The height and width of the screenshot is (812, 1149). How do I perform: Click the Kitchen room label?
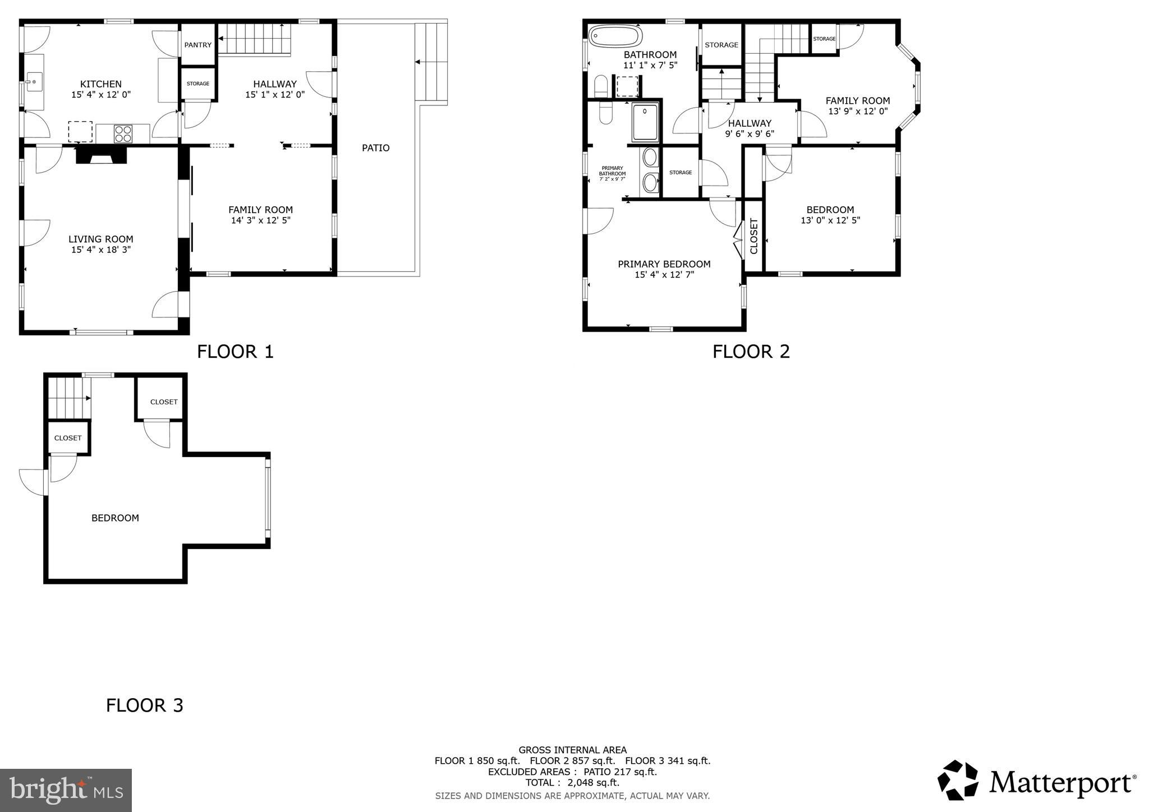(x=101, y=84)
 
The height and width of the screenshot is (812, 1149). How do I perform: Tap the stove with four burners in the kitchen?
(x=123, y=133)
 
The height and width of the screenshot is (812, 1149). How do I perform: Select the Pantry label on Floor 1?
(x=198, y=45)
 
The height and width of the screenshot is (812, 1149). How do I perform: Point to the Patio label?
(x=375, y=148)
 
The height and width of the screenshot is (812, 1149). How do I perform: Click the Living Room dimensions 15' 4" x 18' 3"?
(x=101, y=250)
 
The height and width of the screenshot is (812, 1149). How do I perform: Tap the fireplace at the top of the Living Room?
(x=102, y=155)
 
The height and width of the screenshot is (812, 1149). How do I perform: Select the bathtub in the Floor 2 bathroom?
(x=615, y=36)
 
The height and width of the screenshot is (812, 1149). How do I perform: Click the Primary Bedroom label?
(x=664, y=264)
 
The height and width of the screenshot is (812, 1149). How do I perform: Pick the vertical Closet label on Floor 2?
(x=753, y=236)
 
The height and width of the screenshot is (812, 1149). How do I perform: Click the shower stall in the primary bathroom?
(x=645, y=122)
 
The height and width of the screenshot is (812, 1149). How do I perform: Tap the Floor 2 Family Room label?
(x=857, y=101)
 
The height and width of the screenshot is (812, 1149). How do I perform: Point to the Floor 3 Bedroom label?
(x=115, y=518)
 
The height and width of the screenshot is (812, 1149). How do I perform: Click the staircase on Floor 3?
(x=68, y=398)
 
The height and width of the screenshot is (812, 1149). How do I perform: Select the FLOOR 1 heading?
(x=235, y=352)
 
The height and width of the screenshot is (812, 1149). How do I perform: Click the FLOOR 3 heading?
(x=145, y=705)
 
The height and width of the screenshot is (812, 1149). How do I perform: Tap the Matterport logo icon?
(x=958, y=780)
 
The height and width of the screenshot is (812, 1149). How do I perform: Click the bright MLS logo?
(x=66, y=790)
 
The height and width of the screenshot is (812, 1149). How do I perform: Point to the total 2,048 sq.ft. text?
(x=572, y=782)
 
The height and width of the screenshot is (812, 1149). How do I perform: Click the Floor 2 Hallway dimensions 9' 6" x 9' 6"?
(x=750, y=134)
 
